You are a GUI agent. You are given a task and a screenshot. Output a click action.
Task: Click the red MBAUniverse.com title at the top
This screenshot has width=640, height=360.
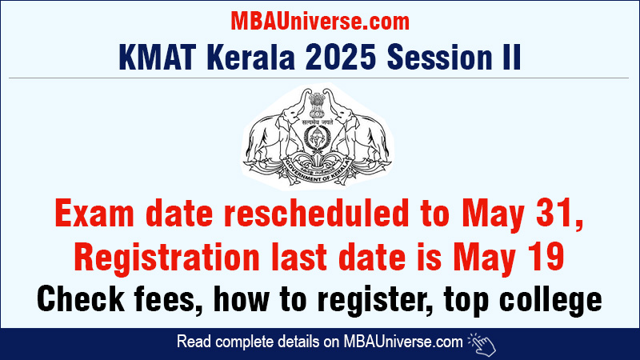coord(319,19)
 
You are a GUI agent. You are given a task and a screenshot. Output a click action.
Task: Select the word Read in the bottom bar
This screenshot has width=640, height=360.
coord(193,342)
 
